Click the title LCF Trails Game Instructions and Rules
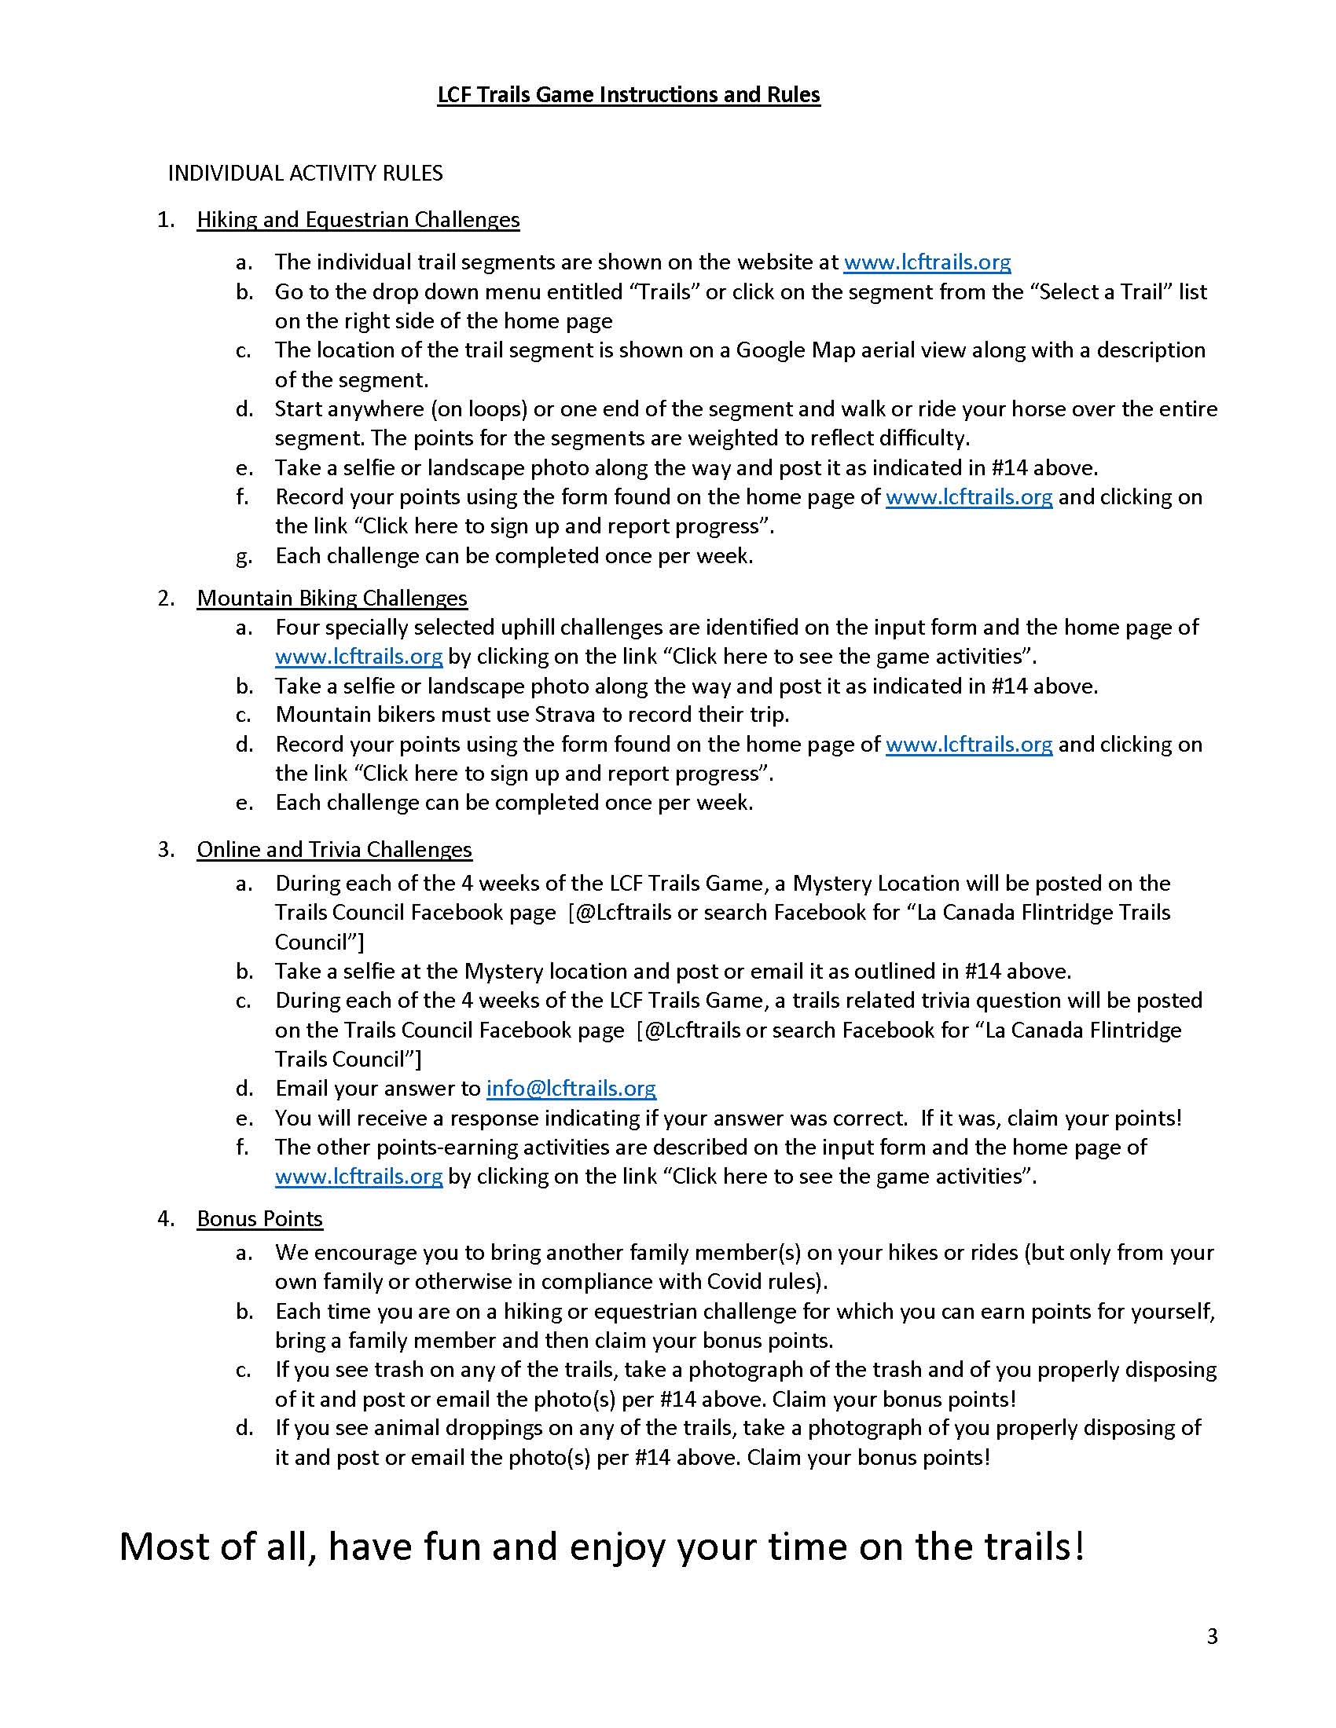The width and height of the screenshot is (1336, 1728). click(x=629, y=95)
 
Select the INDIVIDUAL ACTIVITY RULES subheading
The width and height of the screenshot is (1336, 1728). click(x=305, y=174)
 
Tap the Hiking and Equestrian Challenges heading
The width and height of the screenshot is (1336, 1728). click(x=358, y=219)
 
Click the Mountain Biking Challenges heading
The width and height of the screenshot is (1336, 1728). click(x=332, y=599)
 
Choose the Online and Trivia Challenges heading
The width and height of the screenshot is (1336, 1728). click(x=334, y=849)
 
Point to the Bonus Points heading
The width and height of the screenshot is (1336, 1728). click(x=259, y=1218)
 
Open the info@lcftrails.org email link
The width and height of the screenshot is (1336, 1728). click(x=571, y=1089)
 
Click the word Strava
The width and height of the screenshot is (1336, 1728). click(x=564, y=715)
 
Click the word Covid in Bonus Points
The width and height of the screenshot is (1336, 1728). click(x=733, y=1282)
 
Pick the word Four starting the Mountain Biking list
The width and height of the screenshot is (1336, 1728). click(x=298, y=628)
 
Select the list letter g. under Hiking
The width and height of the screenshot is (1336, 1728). click(x=244, y=556)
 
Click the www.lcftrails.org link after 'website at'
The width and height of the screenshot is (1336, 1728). click(x=927, y=262)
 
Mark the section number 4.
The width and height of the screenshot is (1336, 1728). click(x=165, y=1218)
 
